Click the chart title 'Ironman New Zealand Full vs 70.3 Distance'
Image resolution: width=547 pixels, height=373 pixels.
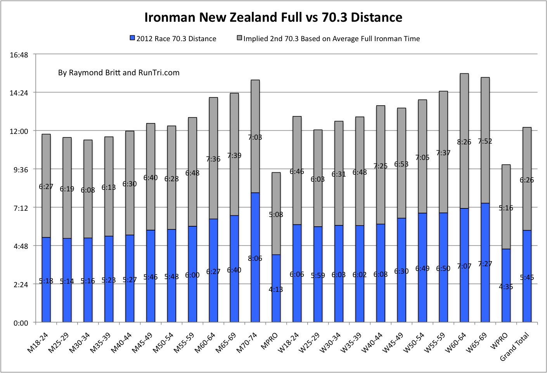tap(273, 17)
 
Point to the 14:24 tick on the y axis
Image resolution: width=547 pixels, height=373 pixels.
tap(19, 93)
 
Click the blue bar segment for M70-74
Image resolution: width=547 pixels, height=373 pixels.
tap(255, 233)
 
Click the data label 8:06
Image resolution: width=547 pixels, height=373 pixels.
tap(255, 258)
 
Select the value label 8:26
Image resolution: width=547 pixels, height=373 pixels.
tap(464, 142)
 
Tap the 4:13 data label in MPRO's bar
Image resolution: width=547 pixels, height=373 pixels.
tap(276, 289)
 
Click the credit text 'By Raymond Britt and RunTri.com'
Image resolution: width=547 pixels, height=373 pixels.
tap(119, 73)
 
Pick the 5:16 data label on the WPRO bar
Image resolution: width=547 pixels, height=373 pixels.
tap(506, 208)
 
